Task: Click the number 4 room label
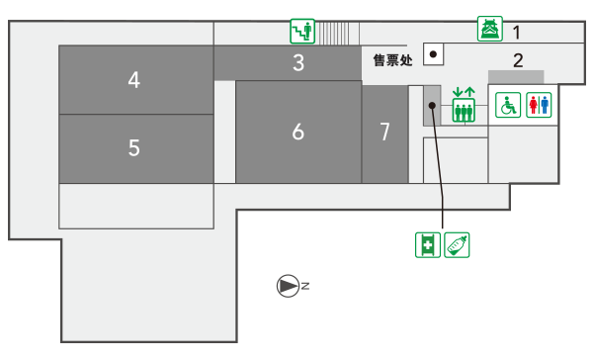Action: click(134, 80)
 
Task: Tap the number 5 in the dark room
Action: click(134, 147)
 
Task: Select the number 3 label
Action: click(298, 63)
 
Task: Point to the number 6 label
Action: click(298, 132)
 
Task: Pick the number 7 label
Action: click(384, 132)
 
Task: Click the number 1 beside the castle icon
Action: click(517, 33)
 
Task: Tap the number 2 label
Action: click(518, 60)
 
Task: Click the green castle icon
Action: click(490, 29)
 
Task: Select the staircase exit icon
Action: click(302, 31)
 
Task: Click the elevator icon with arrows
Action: click(464, 105)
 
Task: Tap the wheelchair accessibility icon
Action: click(508, 105)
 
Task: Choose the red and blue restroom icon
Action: click(539, 105)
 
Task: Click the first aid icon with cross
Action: click(428, 245)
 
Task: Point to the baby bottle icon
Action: click(457, 245)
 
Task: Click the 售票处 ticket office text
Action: click(392, 60)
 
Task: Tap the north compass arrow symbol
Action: click(289, 286)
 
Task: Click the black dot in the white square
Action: click(434, 54)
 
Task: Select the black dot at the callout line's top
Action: click(432, 106)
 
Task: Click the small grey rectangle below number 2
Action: click(516, 77)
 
